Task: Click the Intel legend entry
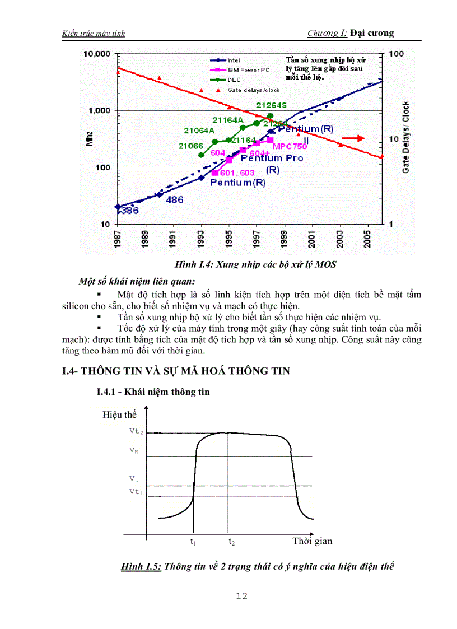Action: click(234, 60)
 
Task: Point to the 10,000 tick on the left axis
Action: click(97, 54)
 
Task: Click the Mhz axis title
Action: click(90, 139)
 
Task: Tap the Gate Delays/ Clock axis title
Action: click(406, 137)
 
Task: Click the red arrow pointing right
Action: click(354, 138)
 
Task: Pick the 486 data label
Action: click(175, 199)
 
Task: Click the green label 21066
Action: click(190, 146)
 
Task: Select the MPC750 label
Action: click(290, 147)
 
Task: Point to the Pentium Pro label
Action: click(272, 159)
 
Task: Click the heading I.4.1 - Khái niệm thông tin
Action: click(153, 392)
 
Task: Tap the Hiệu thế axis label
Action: click(119, 414)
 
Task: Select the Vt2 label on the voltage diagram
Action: click(137, 432)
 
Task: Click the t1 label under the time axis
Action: click(193, 542)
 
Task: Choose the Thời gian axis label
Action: click(312, 541)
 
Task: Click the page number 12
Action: click(242, 596)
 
